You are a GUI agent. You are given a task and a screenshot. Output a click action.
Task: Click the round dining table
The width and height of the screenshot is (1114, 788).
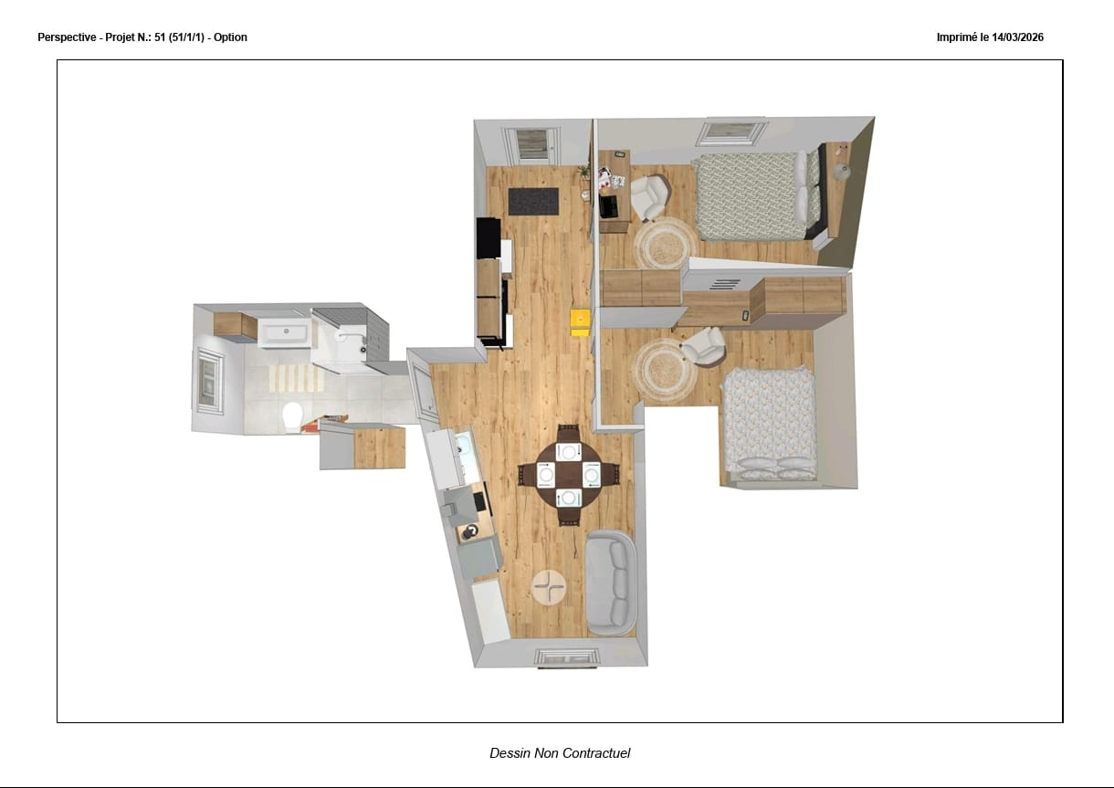coord(569,475)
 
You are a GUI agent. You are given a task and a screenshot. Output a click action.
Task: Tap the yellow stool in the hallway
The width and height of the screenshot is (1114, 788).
coord(581,322)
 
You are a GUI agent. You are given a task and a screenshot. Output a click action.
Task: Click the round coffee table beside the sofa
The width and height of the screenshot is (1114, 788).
coord(549,587)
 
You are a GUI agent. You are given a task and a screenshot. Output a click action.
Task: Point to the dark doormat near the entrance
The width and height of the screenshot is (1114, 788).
coord(533,202)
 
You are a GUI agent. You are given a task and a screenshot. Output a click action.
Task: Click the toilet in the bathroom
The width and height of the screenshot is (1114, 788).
coord(292,416)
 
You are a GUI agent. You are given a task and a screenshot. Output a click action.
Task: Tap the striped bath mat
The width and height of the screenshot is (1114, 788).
coord(296,378)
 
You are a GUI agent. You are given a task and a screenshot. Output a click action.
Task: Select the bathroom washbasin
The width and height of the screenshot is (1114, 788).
coord(285,332)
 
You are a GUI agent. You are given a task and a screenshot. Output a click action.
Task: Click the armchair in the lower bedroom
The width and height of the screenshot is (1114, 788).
coord(703,346)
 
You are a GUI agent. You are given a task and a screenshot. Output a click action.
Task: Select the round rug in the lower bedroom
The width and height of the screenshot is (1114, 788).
coord(664,370)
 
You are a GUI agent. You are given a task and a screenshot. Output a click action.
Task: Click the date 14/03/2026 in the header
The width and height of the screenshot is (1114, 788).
coord(1017,37)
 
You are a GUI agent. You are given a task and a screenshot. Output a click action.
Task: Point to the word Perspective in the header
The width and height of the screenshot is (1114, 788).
coord(67,37)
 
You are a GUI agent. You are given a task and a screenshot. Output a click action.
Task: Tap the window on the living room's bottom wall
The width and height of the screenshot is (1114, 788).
coord(567,657)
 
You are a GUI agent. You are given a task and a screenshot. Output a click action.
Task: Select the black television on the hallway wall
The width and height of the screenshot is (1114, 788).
coord(489,237)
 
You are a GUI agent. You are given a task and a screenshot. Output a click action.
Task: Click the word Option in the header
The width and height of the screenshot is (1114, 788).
coord(230,37)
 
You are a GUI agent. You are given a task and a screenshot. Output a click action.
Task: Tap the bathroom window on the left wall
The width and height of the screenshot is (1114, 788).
coord(209,381)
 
